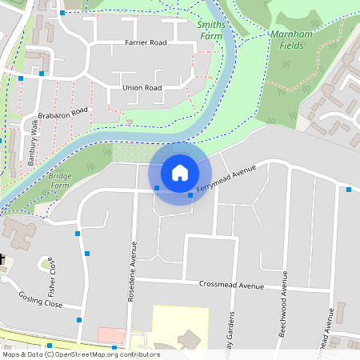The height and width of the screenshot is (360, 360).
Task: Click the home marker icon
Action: pos(180,173)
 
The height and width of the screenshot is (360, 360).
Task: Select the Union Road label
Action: pos(142,87)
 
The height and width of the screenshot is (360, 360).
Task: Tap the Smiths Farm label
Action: pos(212,30)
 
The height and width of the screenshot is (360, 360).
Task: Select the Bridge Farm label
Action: pos(60,180)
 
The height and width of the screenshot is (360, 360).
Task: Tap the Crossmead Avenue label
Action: pos(231,286)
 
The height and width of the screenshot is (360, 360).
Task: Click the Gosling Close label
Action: pos(41,299)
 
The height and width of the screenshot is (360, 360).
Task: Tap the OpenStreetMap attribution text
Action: pos(80,354)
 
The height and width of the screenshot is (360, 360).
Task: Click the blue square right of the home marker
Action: pos(190,195)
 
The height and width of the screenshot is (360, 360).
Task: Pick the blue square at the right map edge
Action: pos(349,190)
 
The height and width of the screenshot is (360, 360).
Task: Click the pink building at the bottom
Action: pos(112,335)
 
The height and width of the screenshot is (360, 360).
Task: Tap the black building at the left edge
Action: pos(2,261)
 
